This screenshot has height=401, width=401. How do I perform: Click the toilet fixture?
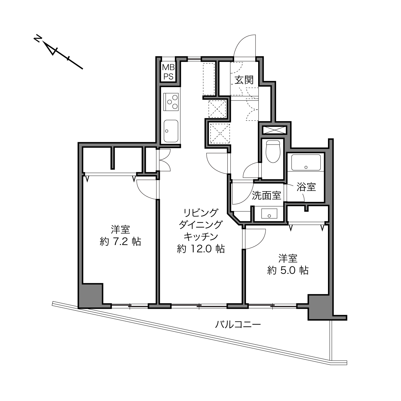point(273,151)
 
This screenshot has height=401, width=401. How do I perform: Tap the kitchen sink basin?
point(171,131)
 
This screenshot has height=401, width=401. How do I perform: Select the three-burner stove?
point(171,102)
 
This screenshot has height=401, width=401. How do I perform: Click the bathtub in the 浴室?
point(306,162)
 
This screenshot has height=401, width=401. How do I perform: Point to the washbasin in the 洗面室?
point(269,213)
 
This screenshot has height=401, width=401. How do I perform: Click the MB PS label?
point(168,72)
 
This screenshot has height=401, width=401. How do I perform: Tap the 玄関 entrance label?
point(244,80)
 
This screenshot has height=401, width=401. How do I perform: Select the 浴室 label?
point(306,187)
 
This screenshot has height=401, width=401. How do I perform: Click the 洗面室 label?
point(266,195)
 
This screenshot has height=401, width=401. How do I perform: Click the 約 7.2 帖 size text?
point(120,241)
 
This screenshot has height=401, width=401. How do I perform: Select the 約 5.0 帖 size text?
point(288,270)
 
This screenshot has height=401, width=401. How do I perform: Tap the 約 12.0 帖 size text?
point(201,249)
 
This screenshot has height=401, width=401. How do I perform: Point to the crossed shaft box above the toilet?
point(275,130)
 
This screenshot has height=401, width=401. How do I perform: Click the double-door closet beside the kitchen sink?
point(164,160)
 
